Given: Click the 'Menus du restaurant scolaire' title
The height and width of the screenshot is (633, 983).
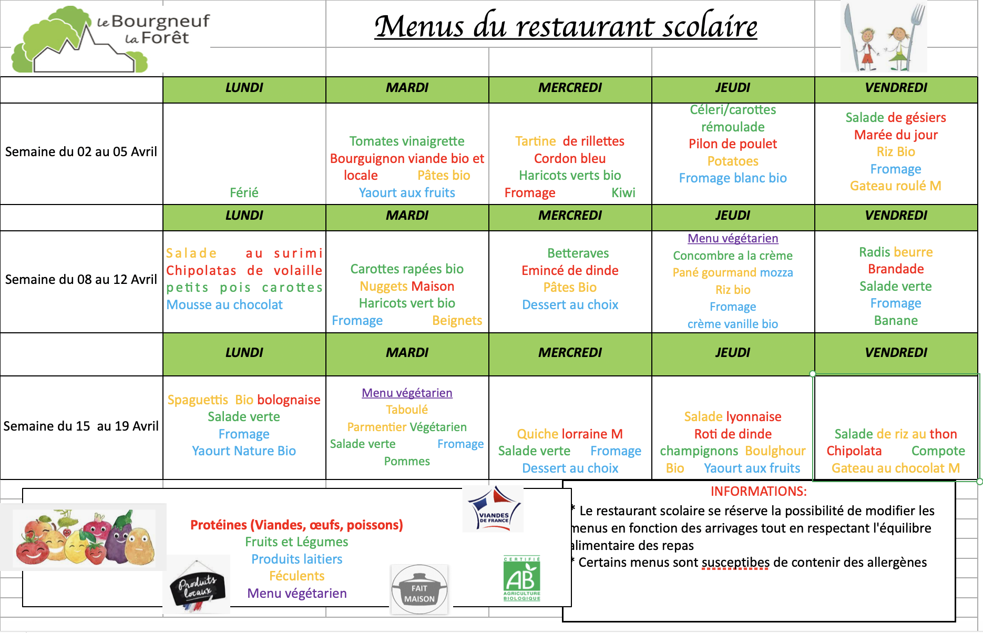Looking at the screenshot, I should [566, 26].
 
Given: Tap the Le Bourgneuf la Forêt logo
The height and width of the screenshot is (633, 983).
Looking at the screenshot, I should [110, 40].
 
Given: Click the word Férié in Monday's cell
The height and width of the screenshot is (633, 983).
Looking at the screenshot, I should [244, 192].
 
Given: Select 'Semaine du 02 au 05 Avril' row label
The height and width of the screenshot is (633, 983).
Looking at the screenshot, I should [81, 152].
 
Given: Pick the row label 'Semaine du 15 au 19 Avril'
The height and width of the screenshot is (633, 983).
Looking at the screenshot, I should [81, 426].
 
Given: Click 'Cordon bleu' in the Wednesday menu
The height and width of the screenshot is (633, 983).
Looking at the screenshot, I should [570, 158].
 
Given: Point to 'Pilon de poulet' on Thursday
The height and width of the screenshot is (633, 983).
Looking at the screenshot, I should [732, 144].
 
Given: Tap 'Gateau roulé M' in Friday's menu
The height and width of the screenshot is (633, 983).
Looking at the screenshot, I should [895, 186].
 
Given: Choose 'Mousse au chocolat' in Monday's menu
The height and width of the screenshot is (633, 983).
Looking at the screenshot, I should [224, 304].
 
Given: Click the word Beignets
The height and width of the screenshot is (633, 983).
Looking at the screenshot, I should [457, 321].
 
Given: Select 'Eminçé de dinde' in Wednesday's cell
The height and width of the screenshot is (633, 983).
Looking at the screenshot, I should [570, 270].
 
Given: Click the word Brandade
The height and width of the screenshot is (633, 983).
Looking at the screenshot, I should [896, 269].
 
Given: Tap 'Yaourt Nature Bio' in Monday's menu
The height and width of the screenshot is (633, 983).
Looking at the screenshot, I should [244, 451].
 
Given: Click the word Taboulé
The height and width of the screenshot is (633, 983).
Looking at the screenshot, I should [407, 410].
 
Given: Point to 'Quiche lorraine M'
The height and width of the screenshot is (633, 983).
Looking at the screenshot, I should [570, 434].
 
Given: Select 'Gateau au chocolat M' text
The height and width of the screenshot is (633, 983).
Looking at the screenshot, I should [895, 468].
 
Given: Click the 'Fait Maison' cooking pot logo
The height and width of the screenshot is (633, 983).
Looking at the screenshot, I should [419, 590].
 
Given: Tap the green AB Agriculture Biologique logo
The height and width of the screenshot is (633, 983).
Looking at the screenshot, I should [521, 579].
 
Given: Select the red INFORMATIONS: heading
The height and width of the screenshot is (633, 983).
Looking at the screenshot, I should [759, 491].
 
